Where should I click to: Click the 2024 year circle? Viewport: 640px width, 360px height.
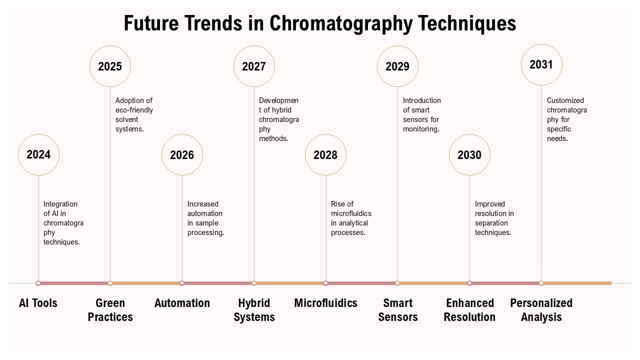[38, 154]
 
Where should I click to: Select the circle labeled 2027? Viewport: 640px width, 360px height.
[254, 66]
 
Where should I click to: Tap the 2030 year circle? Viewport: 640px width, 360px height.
[469, 154]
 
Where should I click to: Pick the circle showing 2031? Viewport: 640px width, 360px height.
[541, 64]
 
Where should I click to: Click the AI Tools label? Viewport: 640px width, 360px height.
[38, 303]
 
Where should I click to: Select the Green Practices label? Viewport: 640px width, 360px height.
[110, 310]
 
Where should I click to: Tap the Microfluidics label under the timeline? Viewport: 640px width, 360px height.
[325, 303]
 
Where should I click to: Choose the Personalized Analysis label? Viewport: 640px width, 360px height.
[541, 310]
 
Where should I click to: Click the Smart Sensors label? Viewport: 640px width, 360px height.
[397, 310]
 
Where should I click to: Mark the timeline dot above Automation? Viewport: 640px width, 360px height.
[182, 283]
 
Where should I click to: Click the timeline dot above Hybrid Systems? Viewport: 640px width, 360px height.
[254, 283]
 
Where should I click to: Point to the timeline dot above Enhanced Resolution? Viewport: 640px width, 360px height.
[469, 283]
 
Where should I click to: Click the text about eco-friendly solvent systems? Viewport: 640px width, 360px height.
[134, 114]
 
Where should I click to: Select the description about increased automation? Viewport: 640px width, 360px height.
[205, 218]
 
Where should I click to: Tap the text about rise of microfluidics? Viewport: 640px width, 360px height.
[350, 218]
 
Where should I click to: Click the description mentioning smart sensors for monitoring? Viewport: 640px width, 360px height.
[421, 114]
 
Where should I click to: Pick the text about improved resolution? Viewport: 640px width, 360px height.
[494, 218]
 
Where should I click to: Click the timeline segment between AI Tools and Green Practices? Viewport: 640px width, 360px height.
[74, 283]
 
